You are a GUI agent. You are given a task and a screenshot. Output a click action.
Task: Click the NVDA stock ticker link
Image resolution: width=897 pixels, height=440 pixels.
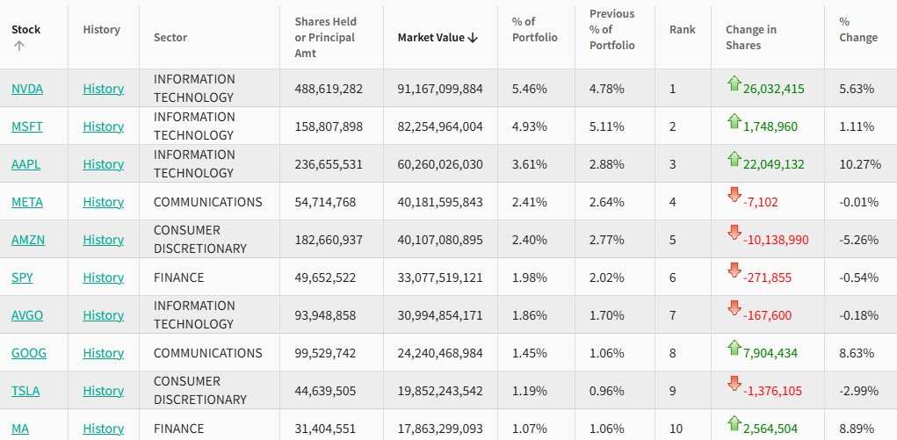coord(27,89)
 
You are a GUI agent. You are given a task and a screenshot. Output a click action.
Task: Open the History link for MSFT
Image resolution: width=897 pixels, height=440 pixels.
coord(103,126)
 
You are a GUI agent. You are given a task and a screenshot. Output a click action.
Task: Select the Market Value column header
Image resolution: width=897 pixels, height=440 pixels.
coord(437,37)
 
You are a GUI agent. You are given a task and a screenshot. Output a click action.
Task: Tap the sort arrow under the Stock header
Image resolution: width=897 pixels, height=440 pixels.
coord(18,47)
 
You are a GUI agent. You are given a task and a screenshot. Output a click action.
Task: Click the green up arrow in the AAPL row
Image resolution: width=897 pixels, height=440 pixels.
coord(734,159)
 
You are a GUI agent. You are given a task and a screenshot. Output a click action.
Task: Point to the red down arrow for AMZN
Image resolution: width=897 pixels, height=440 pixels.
coord(734,234)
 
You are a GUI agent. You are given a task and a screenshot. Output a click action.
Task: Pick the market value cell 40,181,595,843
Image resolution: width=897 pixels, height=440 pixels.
coord(440,202)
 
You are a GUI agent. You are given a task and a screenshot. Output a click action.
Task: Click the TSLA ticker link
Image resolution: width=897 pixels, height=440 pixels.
coord(25,391)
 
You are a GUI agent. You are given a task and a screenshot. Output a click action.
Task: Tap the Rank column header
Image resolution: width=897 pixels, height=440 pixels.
coord(682,29)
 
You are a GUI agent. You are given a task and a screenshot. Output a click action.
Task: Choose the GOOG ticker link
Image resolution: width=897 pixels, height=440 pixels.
coord(29,353)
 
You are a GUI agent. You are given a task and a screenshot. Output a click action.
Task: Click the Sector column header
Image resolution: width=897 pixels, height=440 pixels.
coord(170,37)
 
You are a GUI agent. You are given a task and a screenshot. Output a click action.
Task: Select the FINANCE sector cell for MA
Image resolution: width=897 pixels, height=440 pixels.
coord(178,429)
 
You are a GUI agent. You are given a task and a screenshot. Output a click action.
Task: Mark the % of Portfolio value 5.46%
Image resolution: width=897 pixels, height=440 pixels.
coord(530,89)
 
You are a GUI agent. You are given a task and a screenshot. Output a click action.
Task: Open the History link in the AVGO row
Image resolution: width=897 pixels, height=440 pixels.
coord(103,315)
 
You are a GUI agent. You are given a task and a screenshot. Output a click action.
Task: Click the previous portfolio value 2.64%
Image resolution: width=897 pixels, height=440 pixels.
coord(607,202)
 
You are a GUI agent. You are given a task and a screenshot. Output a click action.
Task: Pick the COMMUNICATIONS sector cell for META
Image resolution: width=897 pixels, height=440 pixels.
coord(207,202)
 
